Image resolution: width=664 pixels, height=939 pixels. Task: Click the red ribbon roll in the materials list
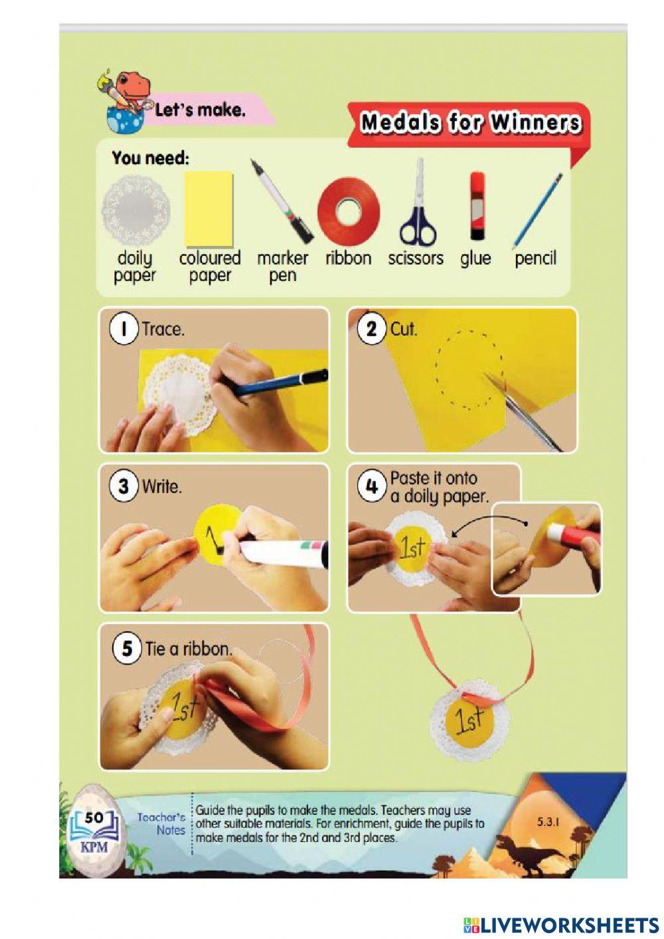[349, 212]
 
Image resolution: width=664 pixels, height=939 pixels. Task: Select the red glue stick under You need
[477, 205]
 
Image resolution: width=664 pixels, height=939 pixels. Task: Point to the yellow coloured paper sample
[208, 209]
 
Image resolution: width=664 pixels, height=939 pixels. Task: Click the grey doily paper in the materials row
[135, 211]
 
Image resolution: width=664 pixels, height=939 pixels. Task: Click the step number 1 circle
[124, 328]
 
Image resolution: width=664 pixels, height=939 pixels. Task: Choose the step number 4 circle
[371, 486]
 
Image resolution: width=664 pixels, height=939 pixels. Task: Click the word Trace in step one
[162, 329]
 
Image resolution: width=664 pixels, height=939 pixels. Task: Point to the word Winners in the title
[536, 123]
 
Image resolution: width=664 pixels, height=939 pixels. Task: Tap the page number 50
[94, 817]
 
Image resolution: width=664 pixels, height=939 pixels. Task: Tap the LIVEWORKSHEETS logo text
[561, 925]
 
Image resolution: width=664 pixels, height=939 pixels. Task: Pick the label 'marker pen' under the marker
[282, 266]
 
